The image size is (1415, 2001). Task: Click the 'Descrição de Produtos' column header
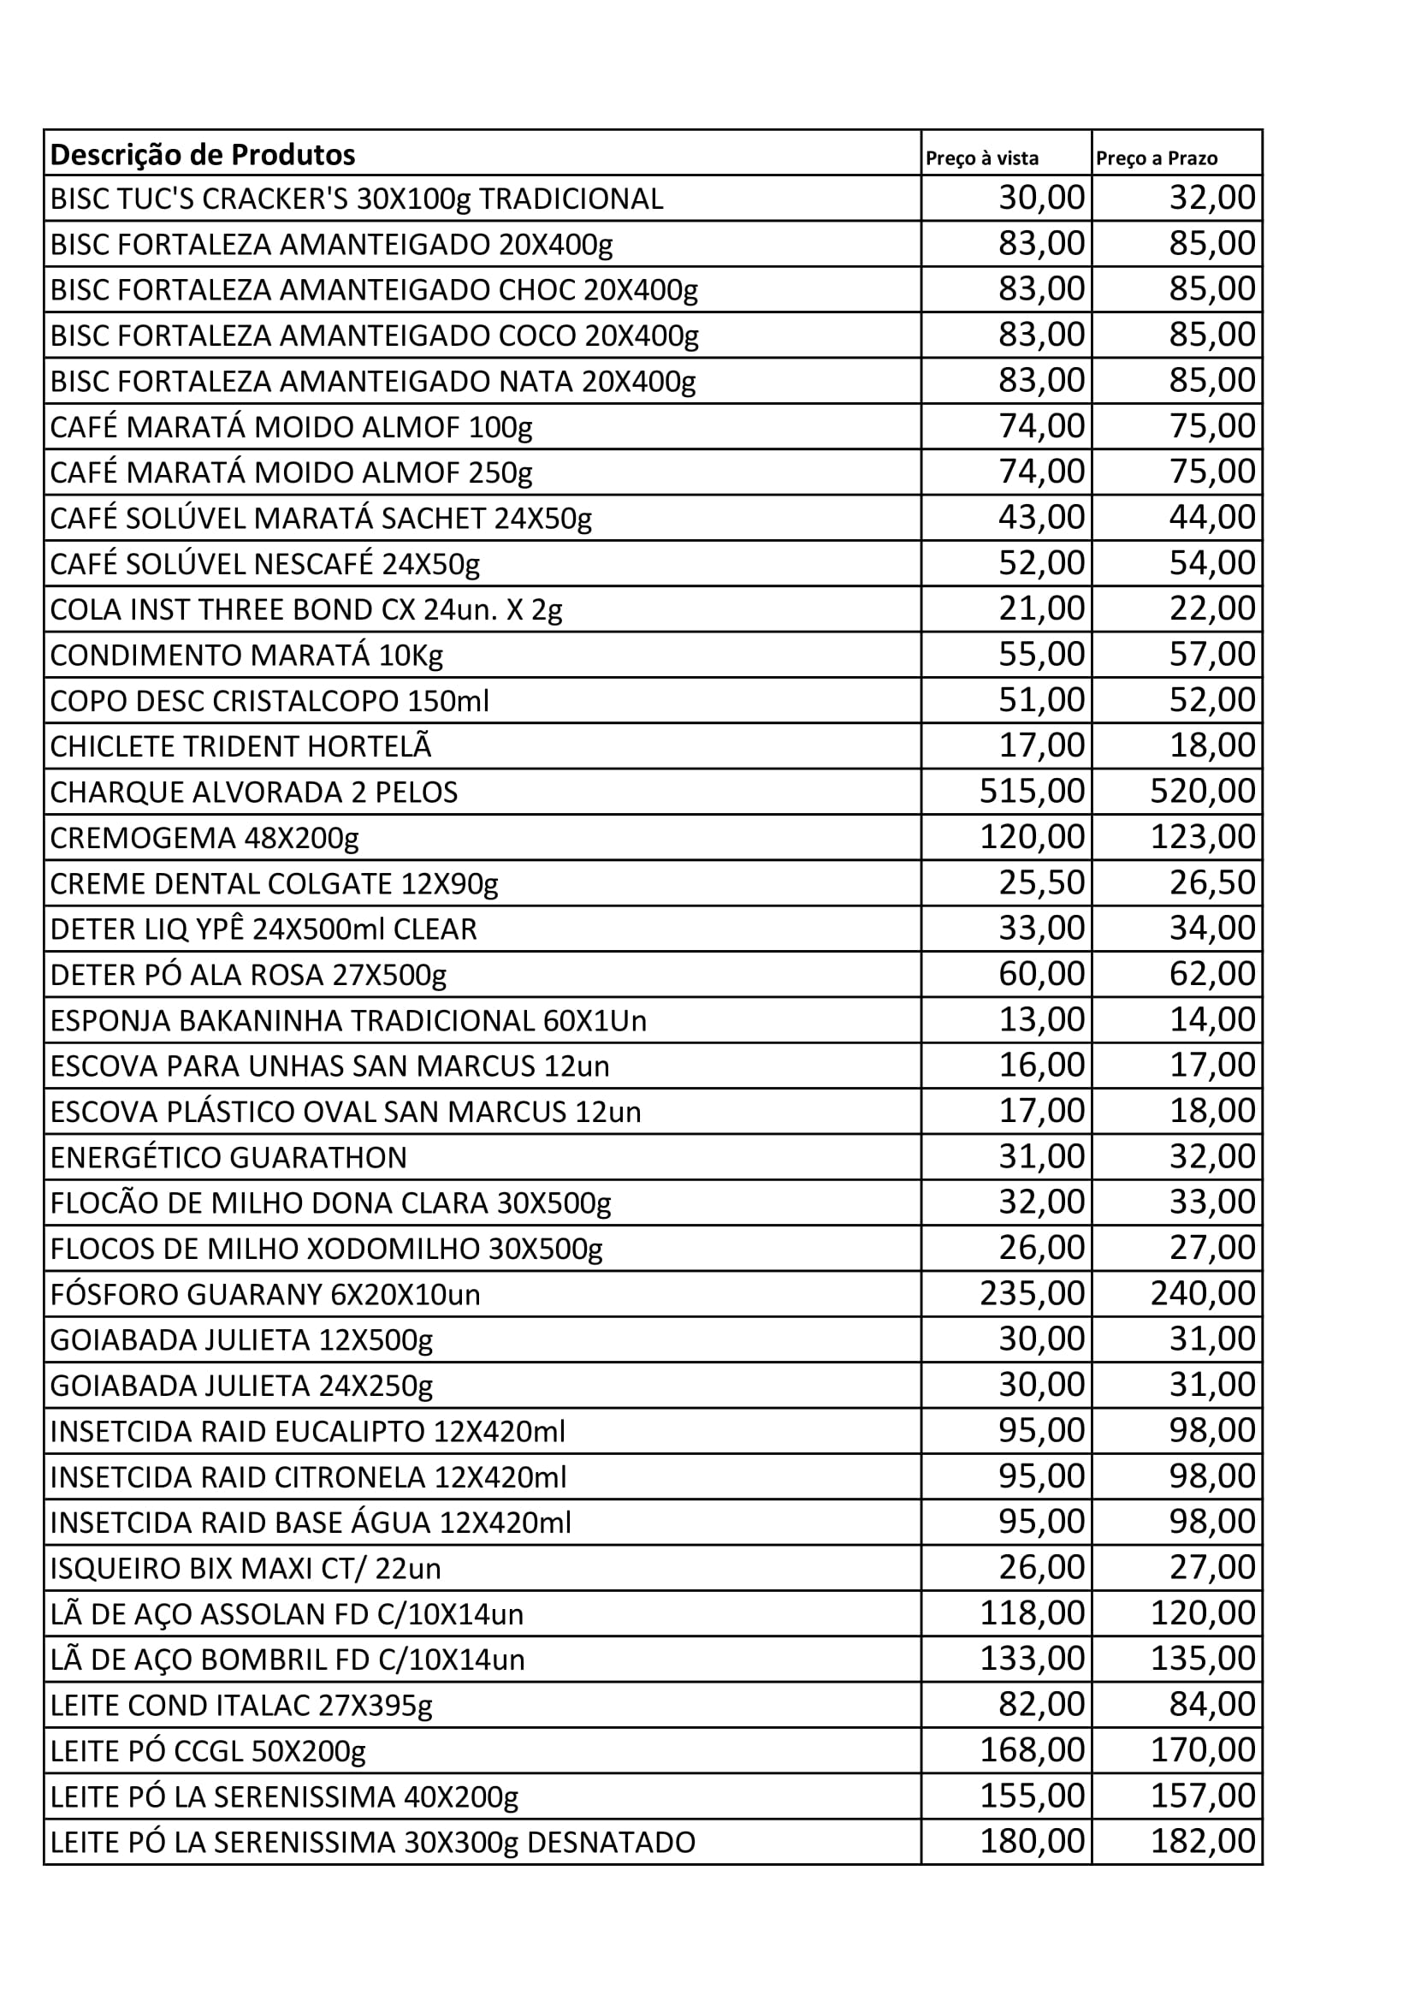click(203, 155)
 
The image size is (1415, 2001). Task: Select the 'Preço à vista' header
click(982, 158)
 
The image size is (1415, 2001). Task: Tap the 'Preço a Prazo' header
click(1157, 158)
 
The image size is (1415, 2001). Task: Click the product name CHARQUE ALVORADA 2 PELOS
click(253, 793)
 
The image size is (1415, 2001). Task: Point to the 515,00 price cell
click(1033, 792)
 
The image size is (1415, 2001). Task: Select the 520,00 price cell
click(1202, 792)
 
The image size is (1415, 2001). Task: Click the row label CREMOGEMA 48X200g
click(204, 839)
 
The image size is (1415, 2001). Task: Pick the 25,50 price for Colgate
click(1041, 883)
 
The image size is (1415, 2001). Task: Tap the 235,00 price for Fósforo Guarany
click(1033, 1293)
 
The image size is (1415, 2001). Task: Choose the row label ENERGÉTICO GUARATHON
click(228, 1157)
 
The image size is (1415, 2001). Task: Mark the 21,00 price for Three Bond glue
click(1041, 609)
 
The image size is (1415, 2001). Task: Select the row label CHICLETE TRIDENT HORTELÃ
click(240, 747)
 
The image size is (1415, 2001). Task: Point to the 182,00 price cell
click(1202, 1842)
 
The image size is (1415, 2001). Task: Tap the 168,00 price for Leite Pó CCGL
click(1033, 1750)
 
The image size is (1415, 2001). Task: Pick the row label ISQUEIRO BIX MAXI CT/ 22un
click(246, 1569)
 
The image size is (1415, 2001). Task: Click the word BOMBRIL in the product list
click(250, 1660)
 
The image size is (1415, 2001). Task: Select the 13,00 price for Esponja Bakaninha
click(1041, 1018)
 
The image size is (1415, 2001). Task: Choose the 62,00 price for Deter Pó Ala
click(1212, 973)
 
